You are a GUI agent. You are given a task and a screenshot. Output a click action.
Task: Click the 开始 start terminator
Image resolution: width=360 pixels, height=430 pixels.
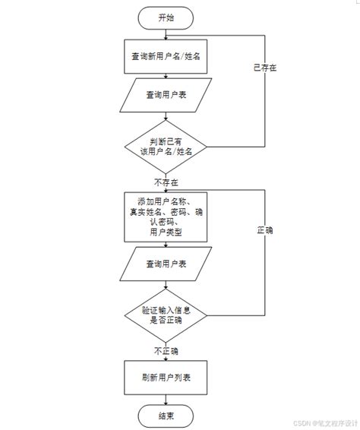pos(166,17)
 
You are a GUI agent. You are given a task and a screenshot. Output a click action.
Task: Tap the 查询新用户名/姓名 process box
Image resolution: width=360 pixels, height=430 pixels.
pos(166,56)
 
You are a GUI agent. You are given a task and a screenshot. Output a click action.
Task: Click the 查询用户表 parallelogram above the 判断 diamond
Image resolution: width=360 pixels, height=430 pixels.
pos(166,96)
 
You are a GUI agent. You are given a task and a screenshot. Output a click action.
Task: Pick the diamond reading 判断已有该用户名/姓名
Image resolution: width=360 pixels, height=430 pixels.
pos(166,146)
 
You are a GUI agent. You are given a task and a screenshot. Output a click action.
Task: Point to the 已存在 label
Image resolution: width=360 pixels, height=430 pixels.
pos(264,68)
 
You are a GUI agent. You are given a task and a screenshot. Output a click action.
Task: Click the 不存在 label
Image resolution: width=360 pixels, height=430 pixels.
pos(166,182)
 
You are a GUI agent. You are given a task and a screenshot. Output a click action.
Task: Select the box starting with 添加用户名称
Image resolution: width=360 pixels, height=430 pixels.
pos(166,217)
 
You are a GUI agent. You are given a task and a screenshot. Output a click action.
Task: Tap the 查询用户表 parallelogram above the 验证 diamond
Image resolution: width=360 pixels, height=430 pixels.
pos(166,264)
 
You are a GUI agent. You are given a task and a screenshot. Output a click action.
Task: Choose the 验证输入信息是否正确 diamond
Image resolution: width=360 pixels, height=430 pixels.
pos(166,315)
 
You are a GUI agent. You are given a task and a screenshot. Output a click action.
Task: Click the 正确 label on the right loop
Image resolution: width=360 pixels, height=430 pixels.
pos(264,229)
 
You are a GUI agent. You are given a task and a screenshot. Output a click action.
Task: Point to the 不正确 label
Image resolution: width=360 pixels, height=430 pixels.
pos(166,351)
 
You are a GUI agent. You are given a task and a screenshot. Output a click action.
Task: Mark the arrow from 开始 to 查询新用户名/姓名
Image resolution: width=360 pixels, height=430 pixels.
pos(166,34)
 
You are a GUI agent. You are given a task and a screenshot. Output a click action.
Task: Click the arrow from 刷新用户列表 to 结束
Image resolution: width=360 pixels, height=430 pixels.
pos(166,397)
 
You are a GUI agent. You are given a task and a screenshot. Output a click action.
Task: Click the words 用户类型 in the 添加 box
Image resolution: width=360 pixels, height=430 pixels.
pos(166,232)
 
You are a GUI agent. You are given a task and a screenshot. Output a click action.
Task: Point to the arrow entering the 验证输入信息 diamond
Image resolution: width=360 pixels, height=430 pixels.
pos(166,286)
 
